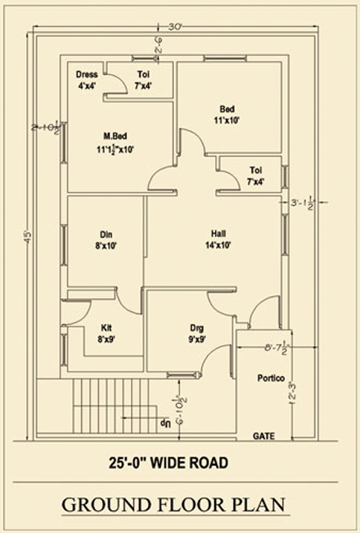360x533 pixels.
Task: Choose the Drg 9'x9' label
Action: tap(197, 332)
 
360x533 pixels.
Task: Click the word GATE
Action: tap(264, 435)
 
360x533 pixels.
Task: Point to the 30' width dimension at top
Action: tap(176, 27)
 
